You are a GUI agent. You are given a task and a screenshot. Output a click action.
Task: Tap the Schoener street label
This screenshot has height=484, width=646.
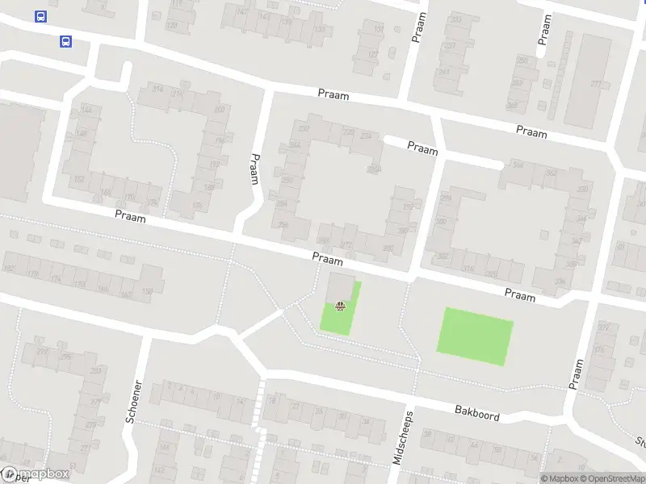coord(134,401)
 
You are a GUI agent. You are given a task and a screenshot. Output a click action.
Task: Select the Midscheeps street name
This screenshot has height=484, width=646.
coord(402,440)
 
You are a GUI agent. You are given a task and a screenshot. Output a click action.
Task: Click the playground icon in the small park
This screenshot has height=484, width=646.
coord(341,306)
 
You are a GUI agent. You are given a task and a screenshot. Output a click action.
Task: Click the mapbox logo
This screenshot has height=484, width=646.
coord(36,474)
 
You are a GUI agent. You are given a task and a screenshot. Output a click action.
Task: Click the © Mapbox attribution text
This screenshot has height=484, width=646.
coord(560,479)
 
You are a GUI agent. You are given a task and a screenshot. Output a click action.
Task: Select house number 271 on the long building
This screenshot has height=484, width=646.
coord(598,84)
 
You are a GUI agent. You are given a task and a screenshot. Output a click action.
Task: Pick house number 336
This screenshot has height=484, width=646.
coord(560,282)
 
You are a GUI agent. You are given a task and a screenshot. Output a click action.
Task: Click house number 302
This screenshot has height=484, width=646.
coord(442,257)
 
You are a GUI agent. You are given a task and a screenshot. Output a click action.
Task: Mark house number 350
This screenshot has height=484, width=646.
coord(581,190)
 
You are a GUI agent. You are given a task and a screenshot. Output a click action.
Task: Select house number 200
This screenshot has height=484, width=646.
coord(219,110)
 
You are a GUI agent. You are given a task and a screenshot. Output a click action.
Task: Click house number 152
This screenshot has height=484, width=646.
coord(79,179)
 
